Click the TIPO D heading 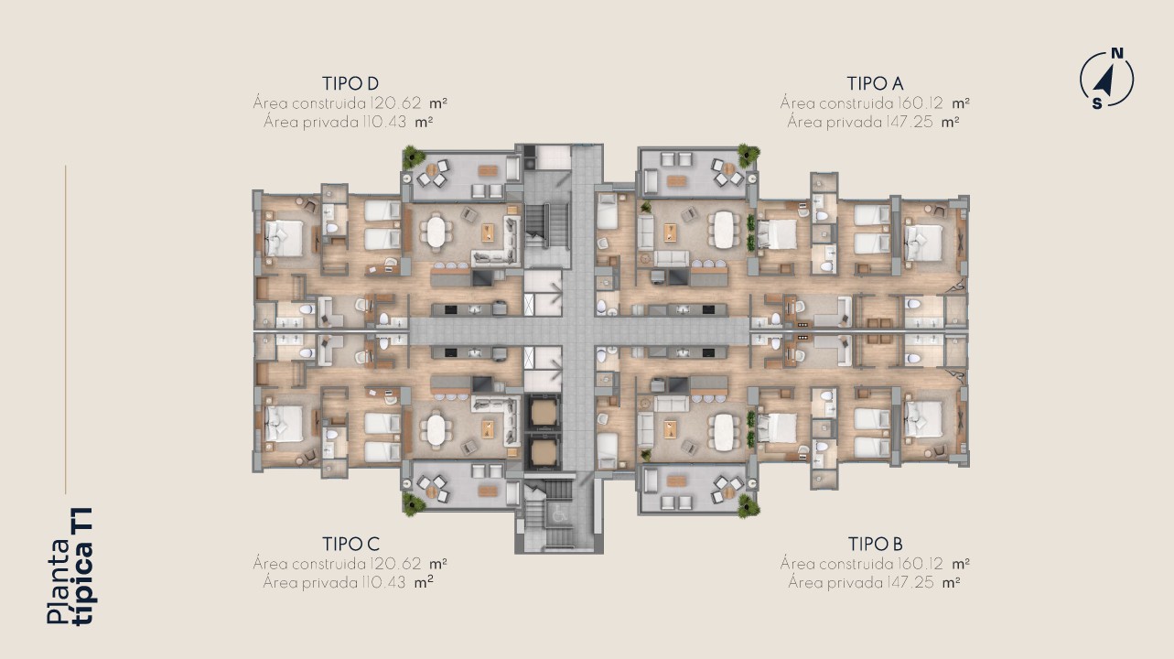pos(350,83)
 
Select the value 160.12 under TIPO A pos(920,103)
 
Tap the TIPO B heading pos(876,545)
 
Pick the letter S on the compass pos(1096,103)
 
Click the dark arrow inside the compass pos(1104,83)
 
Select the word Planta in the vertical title pos(59,582)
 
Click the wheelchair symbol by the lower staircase pos(559,514)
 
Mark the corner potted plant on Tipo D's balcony pos(414,157)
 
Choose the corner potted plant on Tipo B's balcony pos(748,506)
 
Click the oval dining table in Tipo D pos(436,232)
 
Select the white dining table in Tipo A pos(723,229)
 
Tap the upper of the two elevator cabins pos(543,413)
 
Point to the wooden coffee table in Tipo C pos(488,429)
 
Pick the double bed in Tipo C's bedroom pos(284,423)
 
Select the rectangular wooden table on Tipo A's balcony pos(676,181)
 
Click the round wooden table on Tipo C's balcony pos(431,492)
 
